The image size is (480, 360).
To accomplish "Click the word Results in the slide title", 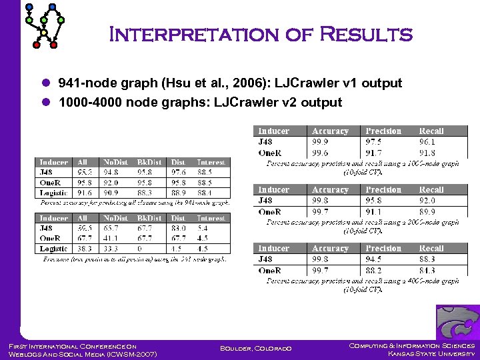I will tap(367, 34).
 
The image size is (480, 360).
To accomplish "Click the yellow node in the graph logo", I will tap(45, 33).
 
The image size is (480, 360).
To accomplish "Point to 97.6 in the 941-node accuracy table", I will tap(178, 172).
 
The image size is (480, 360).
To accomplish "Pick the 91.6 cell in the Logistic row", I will tap(83, 193).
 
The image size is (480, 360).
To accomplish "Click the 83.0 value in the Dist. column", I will tap(178, 228).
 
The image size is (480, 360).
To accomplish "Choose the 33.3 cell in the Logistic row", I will tap(112, 249).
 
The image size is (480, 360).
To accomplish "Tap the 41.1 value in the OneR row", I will tap(112, 238).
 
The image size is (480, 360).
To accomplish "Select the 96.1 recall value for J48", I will tap(427, 142).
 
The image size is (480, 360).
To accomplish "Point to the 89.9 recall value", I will tap(427, 211).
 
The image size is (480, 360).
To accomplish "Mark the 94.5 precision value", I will tap(375, 259).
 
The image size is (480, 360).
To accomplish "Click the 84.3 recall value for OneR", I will tap(427, 270).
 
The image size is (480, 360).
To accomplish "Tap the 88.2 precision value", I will tap(375, 270).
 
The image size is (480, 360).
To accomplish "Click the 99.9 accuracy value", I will tap(321, 142).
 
